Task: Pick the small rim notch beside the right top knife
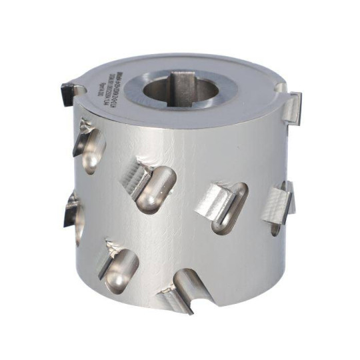pos(281,87)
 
